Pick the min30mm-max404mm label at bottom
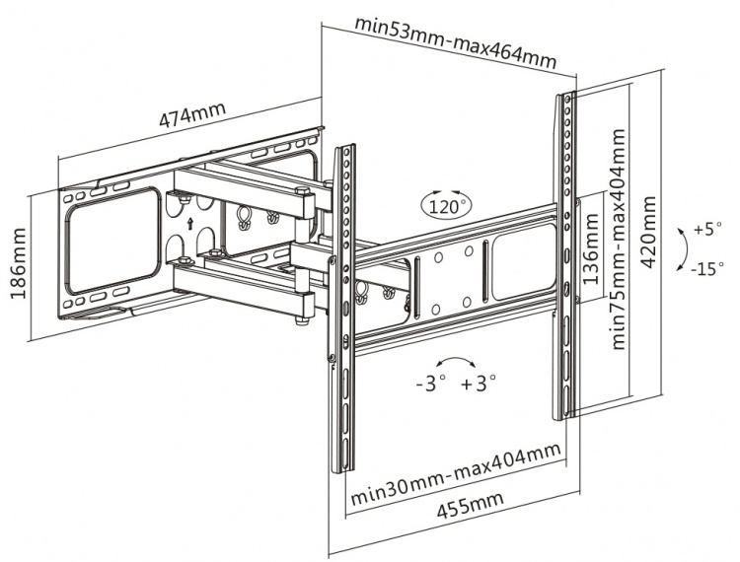[x=455, y=471]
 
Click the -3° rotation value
[x=431, y=381]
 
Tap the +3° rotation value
[x=479, y=381]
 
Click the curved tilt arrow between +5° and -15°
[x=681, y=248]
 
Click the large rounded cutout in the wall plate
[x=113, y=239]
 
